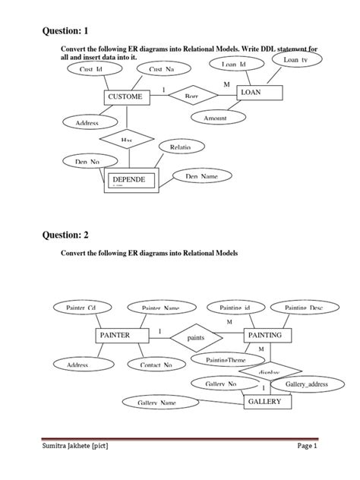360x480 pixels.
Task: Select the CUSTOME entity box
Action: [x=125, y=97]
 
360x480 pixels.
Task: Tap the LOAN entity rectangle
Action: [x=260, y=93]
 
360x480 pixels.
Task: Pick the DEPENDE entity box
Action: [x=129, y=180]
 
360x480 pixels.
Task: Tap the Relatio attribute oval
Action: [x=180, y=147]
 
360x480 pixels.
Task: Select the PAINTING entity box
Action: [x=265, y=335]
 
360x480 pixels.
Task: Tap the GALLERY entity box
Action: [x=265, y=402]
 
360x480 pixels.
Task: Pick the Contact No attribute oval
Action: [x=156, y=365]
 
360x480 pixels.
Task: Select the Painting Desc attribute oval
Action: [x=304, y=308]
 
